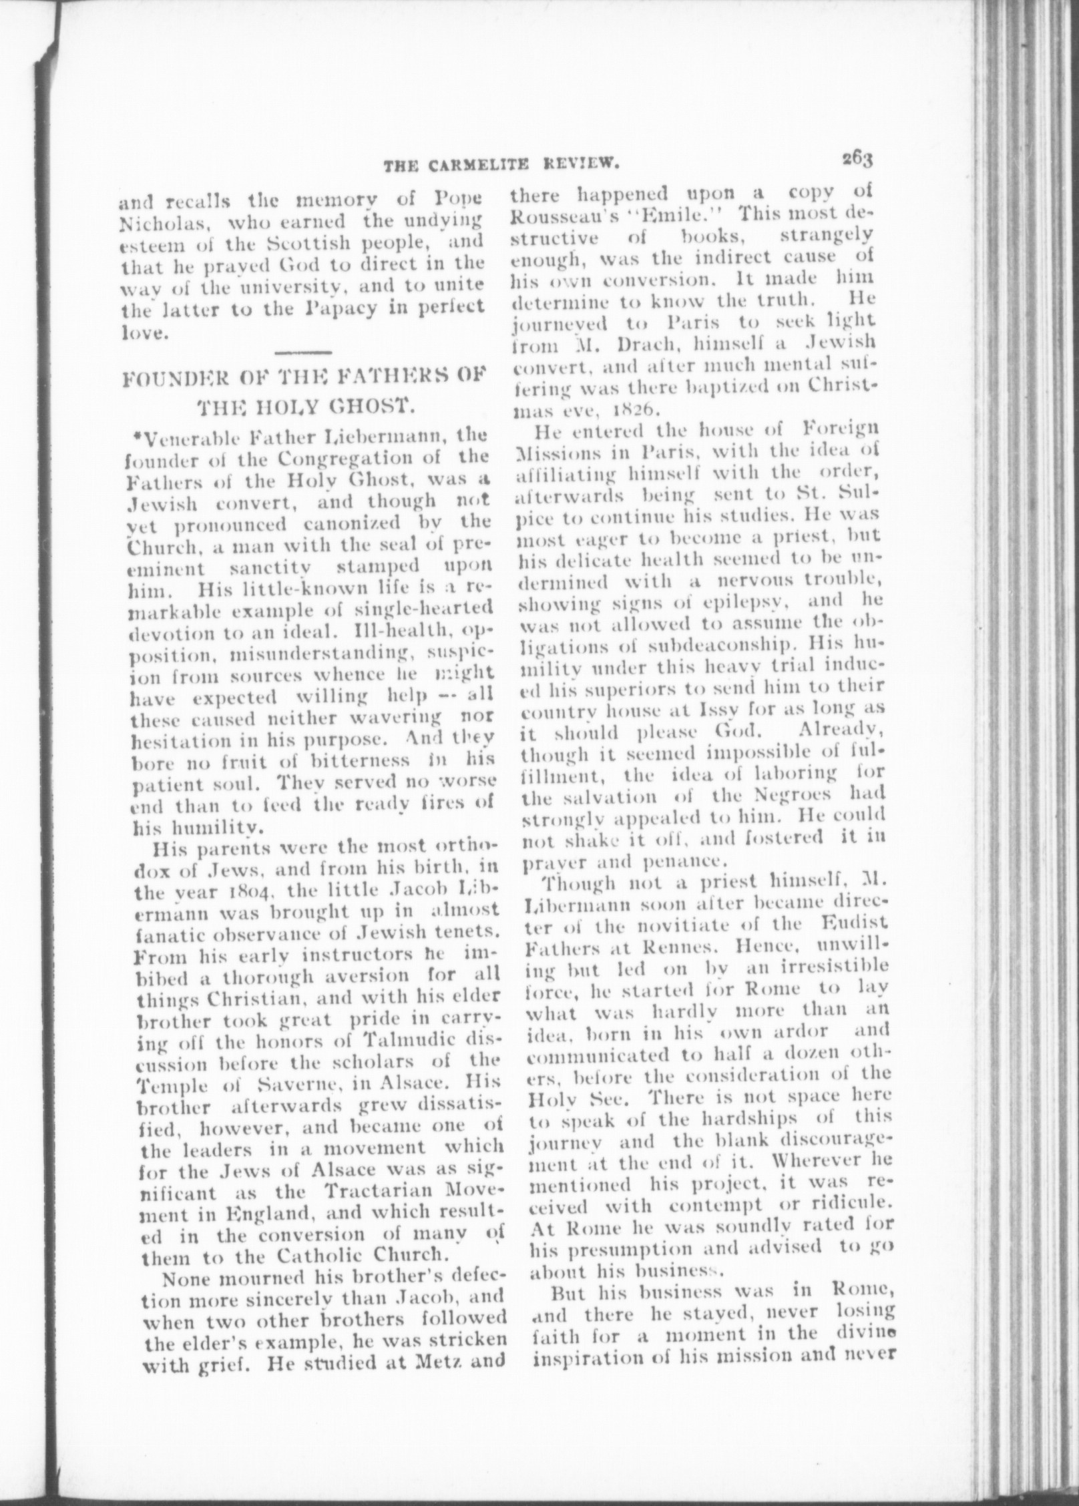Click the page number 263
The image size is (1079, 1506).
857,160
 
